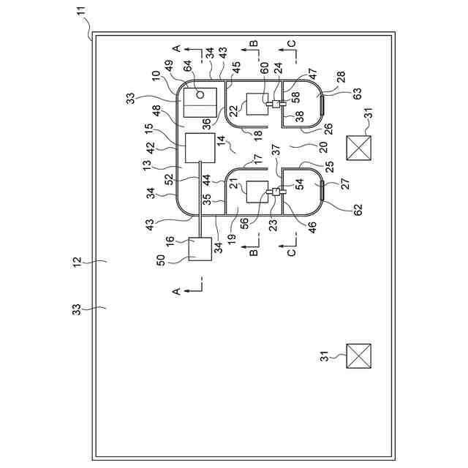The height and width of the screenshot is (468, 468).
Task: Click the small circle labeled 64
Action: pyautogui.click(x=200, y=94)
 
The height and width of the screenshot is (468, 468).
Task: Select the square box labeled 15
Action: pyautogui.click(x=200, y=148)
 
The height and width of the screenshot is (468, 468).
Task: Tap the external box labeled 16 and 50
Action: pyautogui.click(x=200, y=249)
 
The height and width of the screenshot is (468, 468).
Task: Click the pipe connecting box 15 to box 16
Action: pyautogui.click(x=200, y=200)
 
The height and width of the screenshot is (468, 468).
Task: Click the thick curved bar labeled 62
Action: pyautogui.click(x=322, y=191)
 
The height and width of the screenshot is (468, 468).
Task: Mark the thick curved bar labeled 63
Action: pyautogui.click(x=322, y=104)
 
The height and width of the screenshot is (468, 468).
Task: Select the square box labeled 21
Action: pyautogui.click(x=257, y=192)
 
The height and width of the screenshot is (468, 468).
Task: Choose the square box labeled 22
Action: pyautogui.click(x=257, y=104)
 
